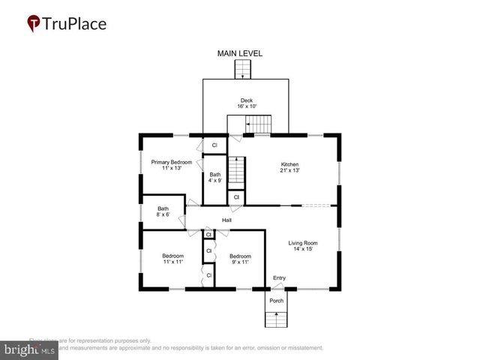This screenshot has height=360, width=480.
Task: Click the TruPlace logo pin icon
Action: pos(34,23)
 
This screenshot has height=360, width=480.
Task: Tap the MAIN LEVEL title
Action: pos(241,53)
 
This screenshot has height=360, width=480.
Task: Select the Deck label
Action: pos(246,100)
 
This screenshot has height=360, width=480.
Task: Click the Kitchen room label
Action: pos(290,164)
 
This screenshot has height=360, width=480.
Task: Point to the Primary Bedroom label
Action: pos(172,162)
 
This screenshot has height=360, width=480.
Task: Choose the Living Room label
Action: pos(304,243)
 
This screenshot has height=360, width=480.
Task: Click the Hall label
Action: pos(226,220)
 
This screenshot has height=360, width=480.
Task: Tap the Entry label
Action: pos(279,277)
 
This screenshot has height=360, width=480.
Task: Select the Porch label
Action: pos(277,301)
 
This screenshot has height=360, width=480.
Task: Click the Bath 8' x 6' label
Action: pos(163,209)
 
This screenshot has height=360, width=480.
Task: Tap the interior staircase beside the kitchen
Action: pos(237,172)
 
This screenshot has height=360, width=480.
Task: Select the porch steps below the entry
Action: pos(276,319)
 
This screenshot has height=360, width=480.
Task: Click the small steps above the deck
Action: pos(241,70)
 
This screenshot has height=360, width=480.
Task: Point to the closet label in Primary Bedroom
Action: pos(214,145)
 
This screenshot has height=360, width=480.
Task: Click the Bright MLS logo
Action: pos(30,350)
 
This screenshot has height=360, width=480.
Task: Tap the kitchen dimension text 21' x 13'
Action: pos(290,170)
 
